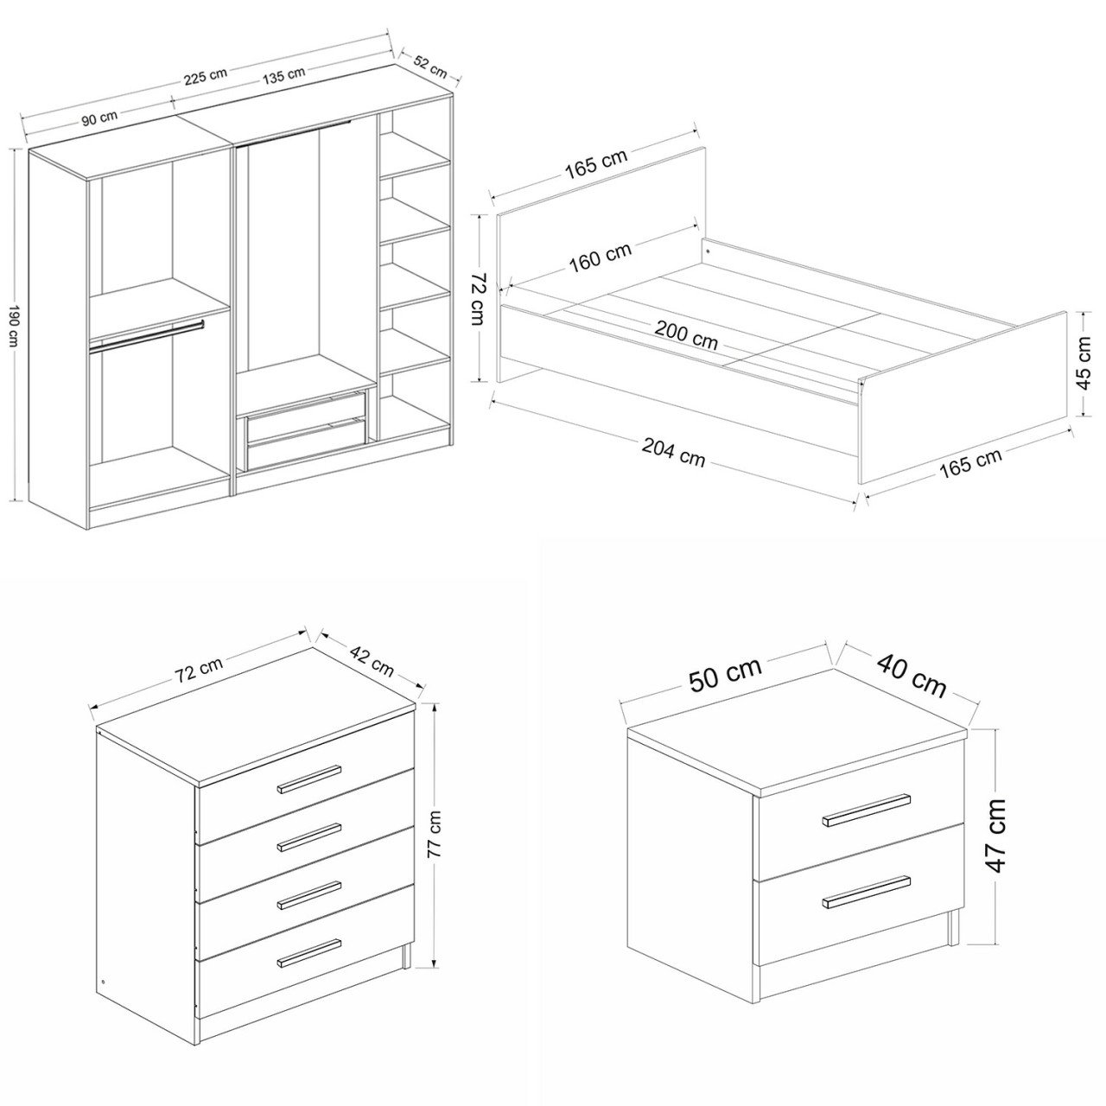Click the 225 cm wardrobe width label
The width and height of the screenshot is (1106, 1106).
(x=206, y=76)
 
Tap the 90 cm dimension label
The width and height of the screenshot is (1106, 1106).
(x=99, y=118)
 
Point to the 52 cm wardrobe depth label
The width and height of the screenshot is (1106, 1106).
(x=430, y=67)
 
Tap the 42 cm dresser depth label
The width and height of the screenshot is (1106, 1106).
(x=372, y=661)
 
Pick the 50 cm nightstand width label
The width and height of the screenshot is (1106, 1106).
(x=726, y=675)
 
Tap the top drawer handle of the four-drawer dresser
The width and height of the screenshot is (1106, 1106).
(x=309, y=779)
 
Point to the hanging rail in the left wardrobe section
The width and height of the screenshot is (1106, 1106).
(x=146, y=336)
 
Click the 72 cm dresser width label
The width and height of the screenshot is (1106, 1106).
(x=200, y=668)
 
